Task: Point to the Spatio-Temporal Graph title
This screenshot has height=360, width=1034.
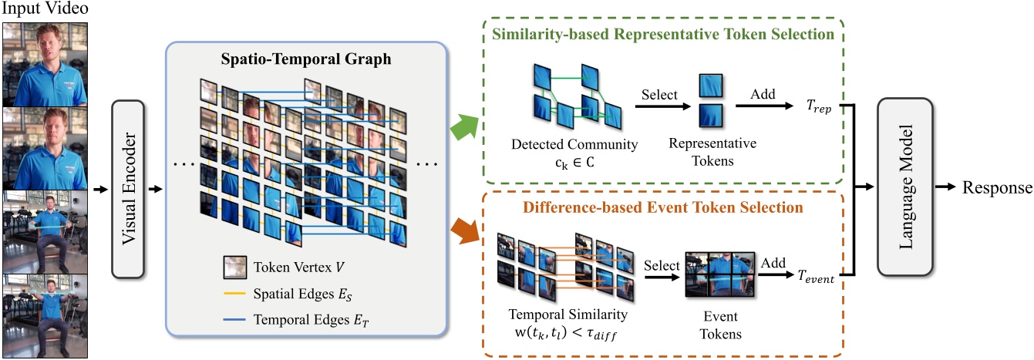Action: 307,58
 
